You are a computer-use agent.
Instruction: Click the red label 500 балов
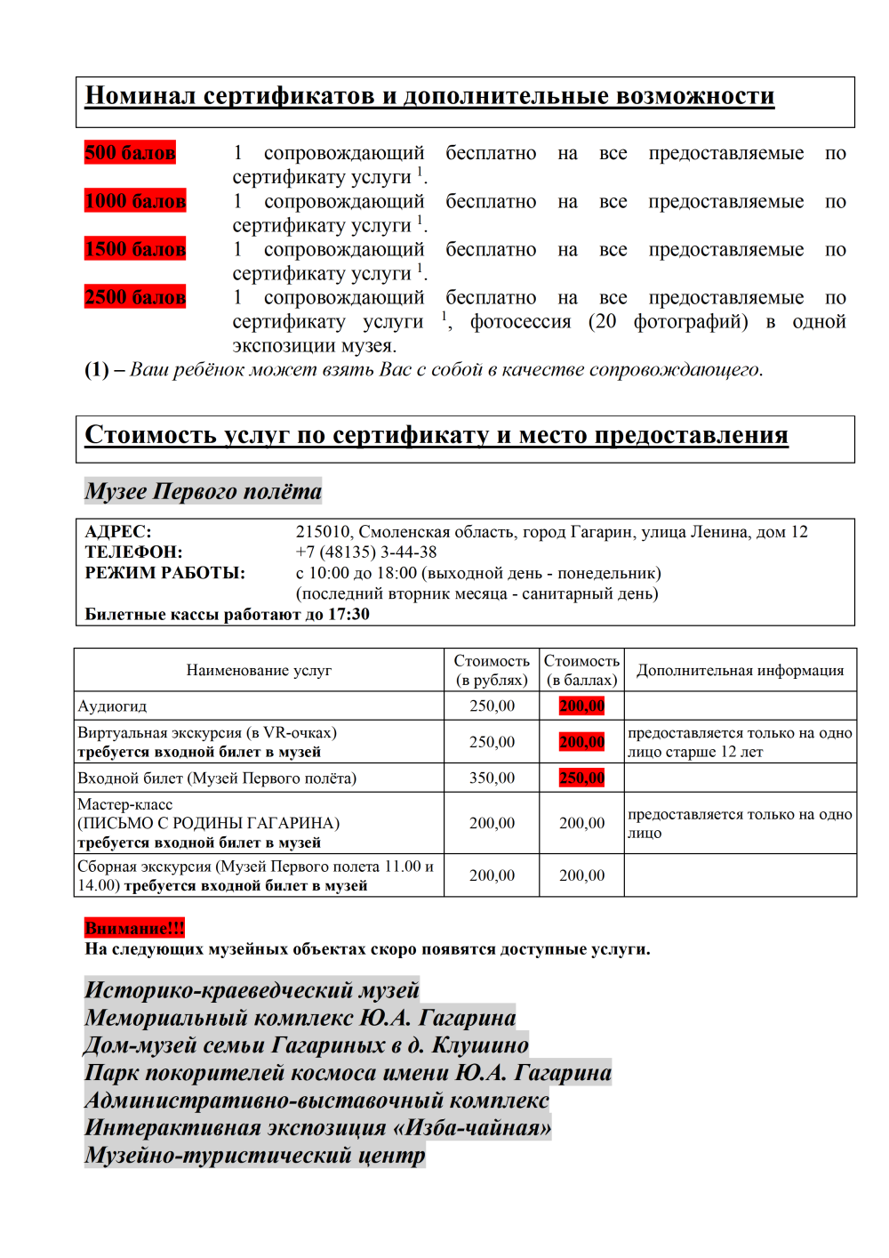point(130,153)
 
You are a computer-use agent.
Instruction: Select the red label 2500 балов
point(135,297)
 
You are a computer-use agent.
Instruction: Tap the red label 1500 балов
point(135,249)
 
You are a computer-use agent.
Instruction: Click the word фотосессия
point(520,322)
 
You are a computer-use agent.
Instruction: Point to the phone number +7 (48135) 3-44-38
point(366,552)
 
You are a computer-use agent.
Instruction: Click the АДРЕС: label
point(118,532)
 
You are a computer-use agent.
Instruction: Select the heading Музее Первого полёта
point(203,491)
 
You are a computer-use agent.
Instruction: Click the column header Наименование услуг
point(259,671)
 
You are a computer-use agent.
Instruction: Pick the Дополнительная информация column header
point(740,671)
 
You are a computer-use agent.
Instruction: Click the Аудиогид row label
point(112,706)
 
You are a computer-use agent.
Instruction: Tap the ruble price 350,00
point(492,778)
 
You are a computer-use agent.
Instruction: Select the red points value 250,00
point(581,778)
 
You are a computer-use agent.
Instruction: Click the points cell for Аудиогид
point(581,706)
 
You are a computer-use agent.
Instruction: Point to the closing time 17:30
point(349,615)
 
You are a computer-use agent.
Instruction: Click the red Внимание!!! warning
point(134,928)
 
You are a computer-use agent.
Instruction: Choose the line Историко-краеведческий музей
point(252,990)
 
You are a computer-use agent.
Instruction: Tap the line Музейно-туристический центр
point(255,1156)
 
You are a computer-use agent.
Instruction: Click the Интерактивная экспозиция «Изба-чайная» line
point(317,1128)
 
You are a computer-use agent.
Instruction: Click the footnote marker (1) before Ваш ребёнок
point(97,370)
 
